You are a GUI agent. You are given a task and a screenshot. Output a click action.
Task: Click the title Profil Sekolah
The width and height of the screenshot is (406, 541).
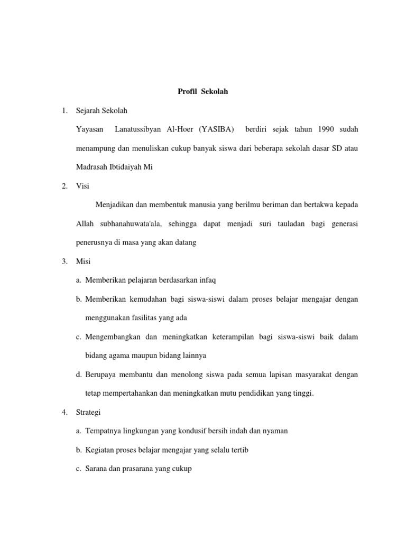tap(202, 91)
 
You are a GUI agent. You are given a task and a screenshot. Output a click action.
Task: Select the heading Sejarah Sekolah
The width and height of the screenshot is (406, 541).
tap(102, 111)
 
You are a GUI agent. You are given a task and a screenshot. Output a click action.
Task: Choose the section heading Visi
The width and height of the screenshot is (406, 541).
tap(83, 186)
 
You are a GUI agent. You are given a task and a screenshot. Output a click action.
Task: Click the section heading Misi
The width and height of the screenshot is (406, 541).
tap(84, 261)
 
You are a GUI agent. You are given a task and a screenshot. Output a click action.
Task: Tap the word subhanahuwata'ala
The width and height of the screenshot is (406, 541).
tap(130, 223)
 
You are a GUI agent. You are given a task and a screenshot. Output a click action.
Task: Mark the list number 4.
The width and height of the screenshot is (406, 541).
tap(64, 412)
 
